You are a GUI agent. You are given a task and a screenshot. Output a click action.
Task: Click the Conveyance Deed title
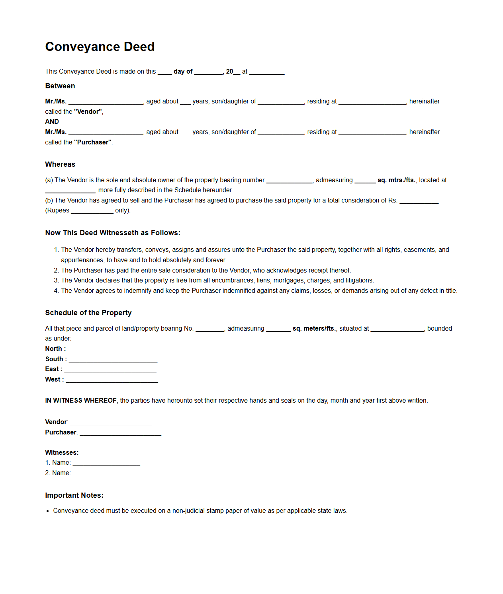click(x=100, y=47)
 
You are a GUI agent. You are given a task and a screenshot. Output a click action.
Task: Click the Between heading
click(x=60, y=86)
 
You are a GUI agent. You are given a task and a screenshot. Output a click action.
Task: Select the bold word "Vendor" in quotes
click(x=88, y=112)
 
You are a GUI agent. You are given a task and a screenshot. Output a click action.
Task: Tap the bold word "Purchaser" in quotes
click(x=93, y=142)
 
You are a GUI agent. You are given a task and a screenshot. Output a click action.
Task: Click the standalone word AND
click(x=52, y=122)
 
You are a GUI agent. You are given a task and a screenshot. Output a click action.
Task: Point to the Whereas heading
click(x=60, y=164)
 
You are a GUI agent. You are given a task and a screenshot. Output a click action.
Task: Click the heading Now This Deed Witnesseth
click(x=113, y=233)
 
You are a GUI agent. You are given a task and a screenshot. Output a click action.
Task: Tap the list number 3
click(x=56, y=280)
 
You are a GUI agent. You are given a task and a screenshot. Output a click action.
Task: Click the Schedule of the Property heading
click(x=88, y=313)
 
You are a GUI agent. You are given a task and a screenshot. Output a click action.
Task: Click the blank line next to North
click(x=112, y=350)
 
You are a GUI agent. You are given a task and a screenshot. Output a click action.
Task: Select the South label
click(x=56, y=359)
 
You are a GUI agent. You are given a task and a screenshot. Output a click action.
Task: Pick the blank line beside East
click(x=110, y=370)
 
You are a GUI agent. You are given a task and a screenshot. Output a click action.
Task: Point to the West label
click(x=54, y=380)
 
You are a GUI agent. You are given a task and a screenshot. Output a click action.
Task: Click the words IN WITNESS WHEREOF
click(x=81, y=401)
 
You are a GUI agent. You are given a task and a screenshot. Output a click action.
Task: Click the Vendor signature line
click(x=111, y=423)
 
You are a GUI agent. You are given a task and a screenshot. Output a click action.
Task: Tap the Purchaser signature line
click(x=120, y=433)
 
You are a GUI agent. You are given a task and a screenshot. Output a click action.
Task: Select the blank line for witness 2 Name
click(x=106, y=474)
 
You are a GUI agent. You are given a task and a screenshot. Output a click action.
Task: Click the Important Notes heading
click(x=74, y=495)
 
